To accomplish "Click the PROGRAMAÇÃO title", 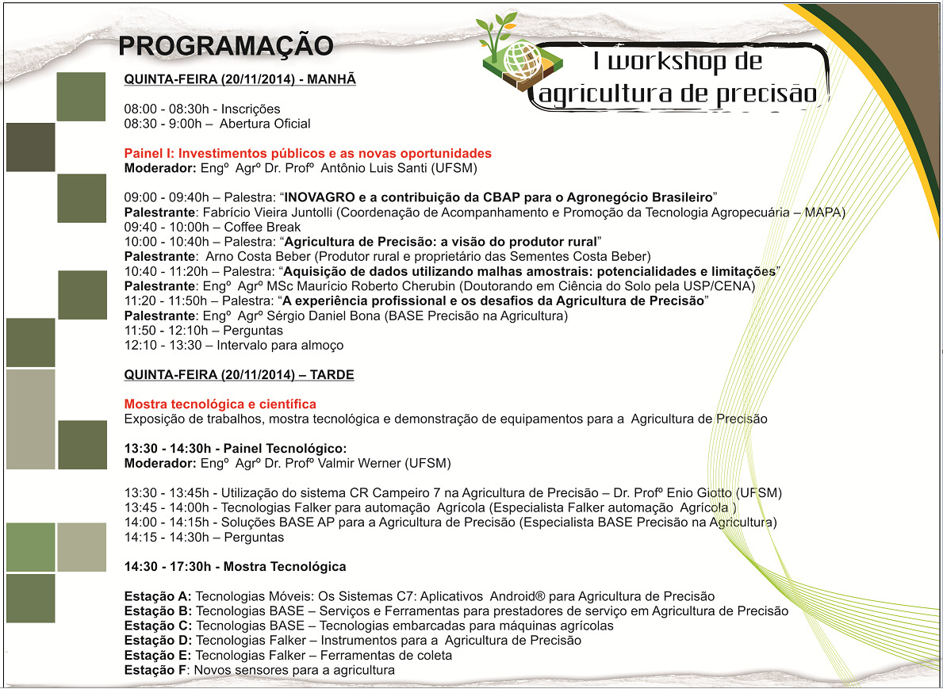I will pos(225,46).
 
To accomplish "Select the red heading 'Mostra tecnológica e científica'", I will pos(220,404).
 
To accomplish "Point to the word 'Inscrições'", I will pos(251,109).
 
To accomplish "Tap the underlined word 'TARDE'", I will pos(333,375).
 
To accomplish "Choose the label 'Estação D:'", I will pos(159,641).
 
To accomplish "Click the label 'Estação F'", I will pos(156,671).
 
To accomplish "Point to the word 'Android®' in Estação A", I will pos(515,596).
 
